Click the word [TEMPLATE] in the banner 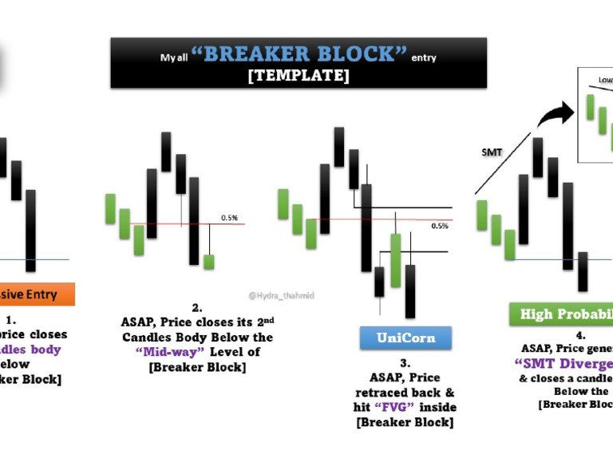[298, 76]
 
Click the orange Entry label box [37, 294]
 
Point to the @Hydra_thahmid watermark [281, 295]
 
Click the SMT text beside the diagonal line [492, 152]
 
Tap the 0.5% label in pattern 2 [230, 217]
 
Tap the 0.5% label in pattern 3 [439, 226]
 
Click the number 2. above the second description [197, 307]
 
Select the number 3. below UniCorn [405, 363]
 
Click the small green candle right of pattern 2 [209, 261]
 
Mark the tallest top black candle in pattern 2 [166, 152]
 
